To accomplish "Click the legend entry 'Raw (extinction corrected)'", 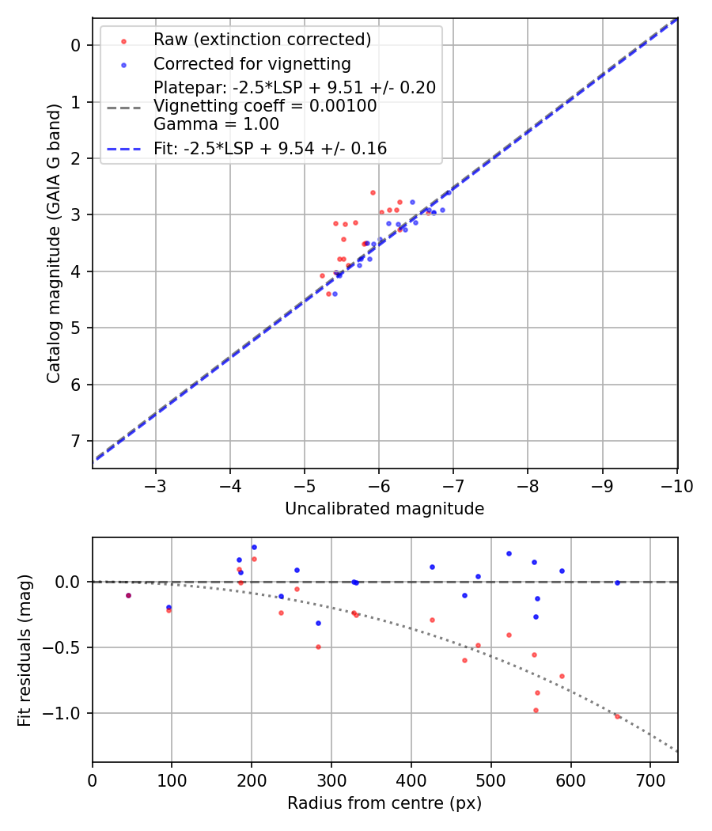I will click(262, 39).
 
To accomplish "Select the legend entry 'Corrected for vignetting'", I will click(252, 63).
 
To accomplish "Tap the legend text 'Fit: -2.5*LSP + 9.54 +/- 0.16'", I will click(270, 148).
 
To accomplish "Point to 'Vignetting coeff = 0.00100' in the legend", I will click(265, 105).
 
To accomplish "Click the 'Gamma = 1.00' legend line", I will click(216, 123).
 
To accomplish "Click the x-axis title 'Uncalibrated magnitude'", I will click(384, 509).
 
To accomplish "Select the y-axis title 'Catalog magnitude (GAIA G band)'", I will click(54, 243).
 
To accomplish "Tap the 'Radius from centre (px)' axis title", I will click(384, 803).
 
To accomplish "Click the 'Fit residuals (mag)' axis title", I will click(25, 651).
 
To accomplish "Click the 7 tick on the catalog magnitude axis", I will click(77, 441).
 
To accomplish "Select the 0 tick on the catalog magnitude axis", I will click(77, 45).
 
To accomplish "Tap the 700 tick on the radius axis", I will click(650, 780).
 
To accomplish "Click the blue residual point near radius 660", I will click(617, 582).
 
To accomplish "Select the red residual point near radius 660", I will click(617, 716).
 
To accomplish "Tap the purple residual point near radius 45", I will click(128, 595).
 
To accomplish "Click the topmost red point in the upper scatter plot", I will click(373, 192).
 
